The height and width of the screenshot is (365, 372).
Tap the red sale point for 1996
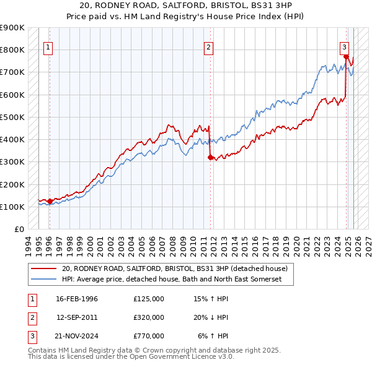click(50, 201)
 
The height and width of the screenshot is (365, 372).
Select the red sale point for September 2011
click(210, 157)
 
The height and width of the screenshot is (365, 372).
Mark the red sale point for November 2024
click(345, 57)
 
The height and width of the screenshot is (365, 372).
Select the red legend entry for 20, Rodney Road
click(174, 269)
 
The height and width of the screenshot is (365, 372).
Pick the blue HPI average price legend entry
click(172, 280)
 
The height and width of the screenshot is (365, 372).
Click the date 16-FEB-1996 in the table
click(77, 299)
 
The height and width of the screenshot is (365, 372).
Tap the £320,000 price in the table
click(148, 317)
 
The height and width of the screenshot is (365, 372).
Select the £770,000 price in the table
click(148, 336)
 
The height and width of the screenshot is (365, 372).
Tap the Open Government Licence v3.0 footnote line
click(131, 357)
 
